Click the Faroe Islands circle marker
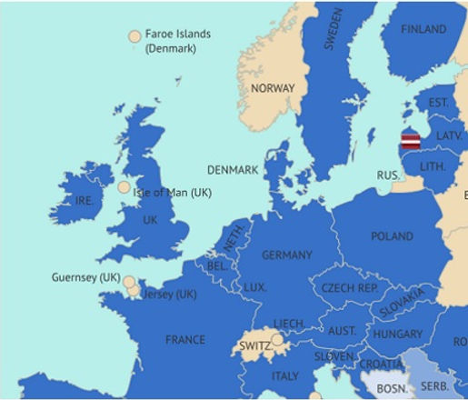[134, 37]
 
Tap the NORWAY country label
[273, 88]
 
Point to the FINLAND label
[424, 29]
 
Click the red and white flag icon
[411, 141]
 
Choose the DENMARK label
[233, 170]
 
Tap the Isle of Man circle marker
[124, 187]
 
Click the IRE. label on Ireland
[83, 201]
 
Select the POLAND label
[392, 236]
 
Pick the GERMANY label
[286, 255]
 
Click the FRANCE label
[185, 340]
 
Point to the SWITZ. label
[255, 345]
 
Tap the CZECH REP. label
[350, 287]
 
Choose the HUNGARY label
[397, 335]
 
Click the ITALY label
[285, 375]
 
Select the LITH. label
[433, 167]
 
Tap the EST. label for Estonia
[439, 103]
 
